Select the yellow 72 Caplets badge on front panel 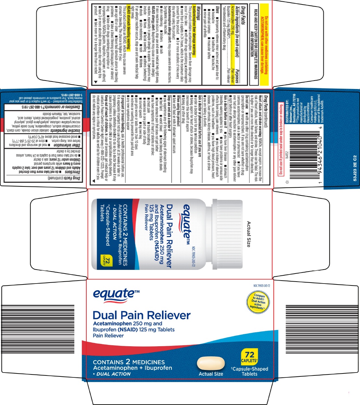249,356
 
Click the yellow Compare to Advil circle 259,302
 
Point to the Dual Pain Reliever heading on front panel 142,315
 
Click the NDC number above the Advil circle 261,286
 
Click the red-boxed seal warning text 281,139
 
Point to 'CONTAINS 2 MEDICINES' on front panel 129,362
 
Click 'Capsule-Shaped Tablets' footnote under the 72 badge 249,371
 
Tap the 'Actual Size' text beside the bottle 249,234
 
